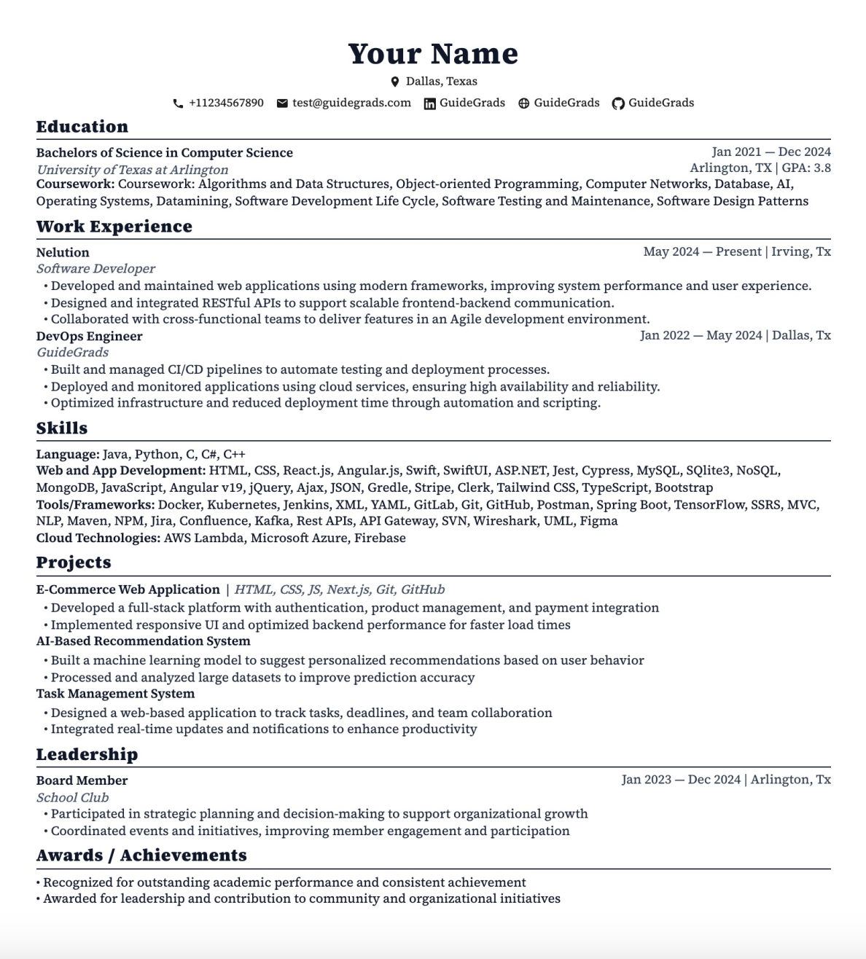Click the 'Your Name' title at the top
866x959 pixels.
pyautogui.click(x=433, y=54)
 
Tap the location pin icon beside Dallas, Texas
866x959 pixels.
pyautogui.click(x=395, y=82)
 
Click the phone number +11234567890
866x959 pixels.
pyautogui.click(x=226, y=103)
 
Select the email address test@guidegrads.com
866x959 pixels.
pyautogui.click(x=351, y=103)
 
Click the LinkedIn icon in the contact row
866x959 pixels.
pyautogui.click(x=430, y=103)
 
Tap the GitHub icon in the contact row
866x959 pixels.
pyautogui.click(x=618, y=103)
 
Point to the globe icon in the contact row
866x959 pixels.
pyautogui.click(x=523, y=103)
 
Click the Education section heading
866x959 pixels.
pyautogui.click(x=82, y=127)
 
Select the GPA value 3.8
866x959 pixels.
pyautogui.click(x=822, y=168)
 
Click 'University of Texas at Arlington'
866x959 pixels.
pyautogui.click(x=132, y=169)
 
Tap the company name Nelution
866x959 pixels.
pyautogui.click(x=63, y=252)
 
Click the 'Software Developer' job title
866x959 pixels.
pyautogui.click(x=95, y=268)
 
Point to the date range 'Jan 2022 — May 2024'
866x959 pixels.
pyautogui.click(x=701, y=335)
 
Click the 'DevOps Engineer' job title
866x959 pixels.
pyautogui.click(x=89, y=336)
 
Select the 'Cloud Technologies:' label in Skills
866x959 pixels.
pyautogui.click(x=98, y=538)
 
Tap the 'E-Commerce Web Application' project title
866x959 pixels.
pyautogui.click(x=128, y=590)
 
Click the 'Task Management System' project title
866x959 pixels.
pyautogui.click(x=115, y=693)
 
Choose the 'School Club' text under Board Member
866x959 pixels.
pyautogui.click(x=72, y=797)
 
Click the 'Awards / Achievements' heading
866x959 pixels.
pyautogui.click(x=141, y=855)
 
